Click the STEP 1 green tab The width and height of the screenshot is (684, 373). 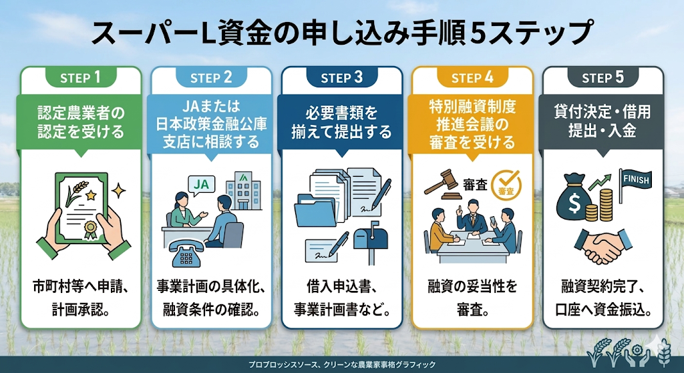click(x=81, y=77)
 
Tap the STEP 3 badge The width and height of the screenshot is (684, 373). click(x=341, y=77)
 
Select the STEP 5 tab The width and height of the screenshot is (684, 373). click(x=603, y=77)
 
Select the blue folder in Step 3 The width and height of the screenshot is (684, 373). click(x=317, y=213)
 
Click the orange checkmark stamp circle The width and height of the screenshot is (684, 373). click(x=506, y=183)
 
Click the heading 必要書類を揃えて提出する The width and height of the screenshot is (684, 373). click(x=341, y=122)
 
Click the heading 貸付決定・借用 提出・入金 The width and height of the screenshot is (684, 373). click(x=603, y=121)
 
